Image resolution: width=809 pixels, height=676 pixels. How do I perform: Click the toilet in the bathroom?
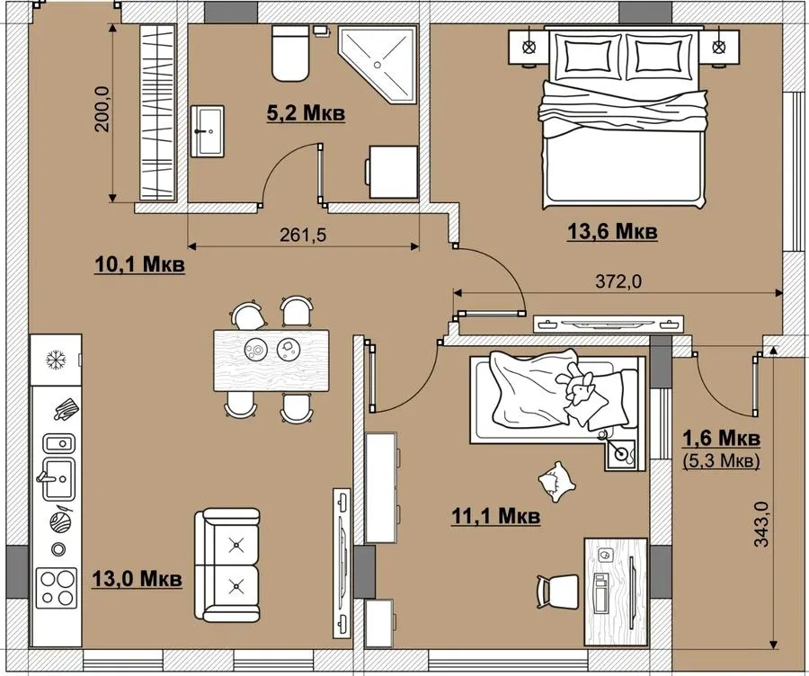click(290, 53)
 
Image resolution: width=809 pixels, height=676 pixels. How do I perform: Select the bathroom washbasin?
click(208, 131)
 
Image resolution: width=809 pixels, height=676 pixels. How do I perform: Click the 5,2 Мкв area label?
click(306, 113)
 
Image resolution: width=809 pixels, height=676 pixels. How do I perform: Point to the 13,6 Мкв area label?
click(612, 232)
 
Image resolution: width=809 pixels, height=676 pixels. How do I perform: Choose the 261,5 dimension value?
click(303, 236)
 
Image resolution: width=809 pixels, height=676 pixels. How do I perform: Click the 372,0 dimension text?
click(618, 281)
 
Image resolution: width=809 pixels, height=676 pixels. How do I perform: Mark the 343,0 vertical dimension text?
click(761, 524)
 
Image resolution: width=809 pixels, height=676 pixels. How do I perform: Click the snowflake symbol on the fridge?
click(55, 360)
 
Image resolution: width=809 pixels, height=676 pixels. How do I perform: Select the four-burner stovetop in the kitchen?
click(57, 588)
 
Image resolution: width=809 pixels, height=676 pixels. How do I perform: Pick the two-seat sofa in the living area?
click(227, 565)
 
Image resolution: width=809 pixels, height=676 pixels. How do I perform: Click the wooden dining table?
click(271, 360)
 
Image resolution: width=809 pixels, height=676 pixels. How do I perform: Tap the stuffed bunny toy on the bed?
click(576, 385)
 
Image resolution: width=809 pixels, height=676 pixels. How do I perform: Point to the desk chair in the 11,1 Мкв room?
click(558, 592)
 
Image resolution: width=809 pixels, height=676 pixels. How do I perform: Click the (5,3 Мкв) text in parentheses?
click(721, 460)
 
